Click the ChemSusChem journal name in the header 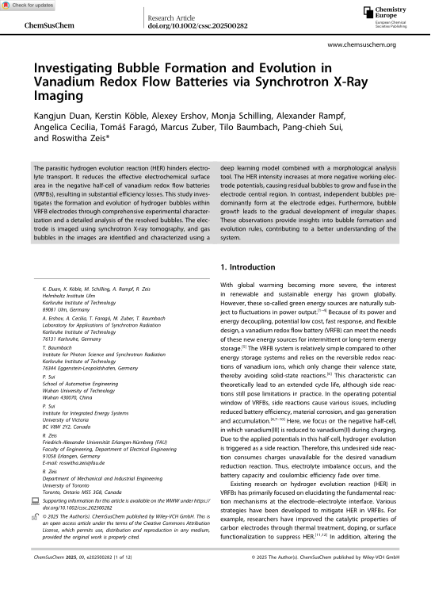pyautogui.click(x=45, y=25)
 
